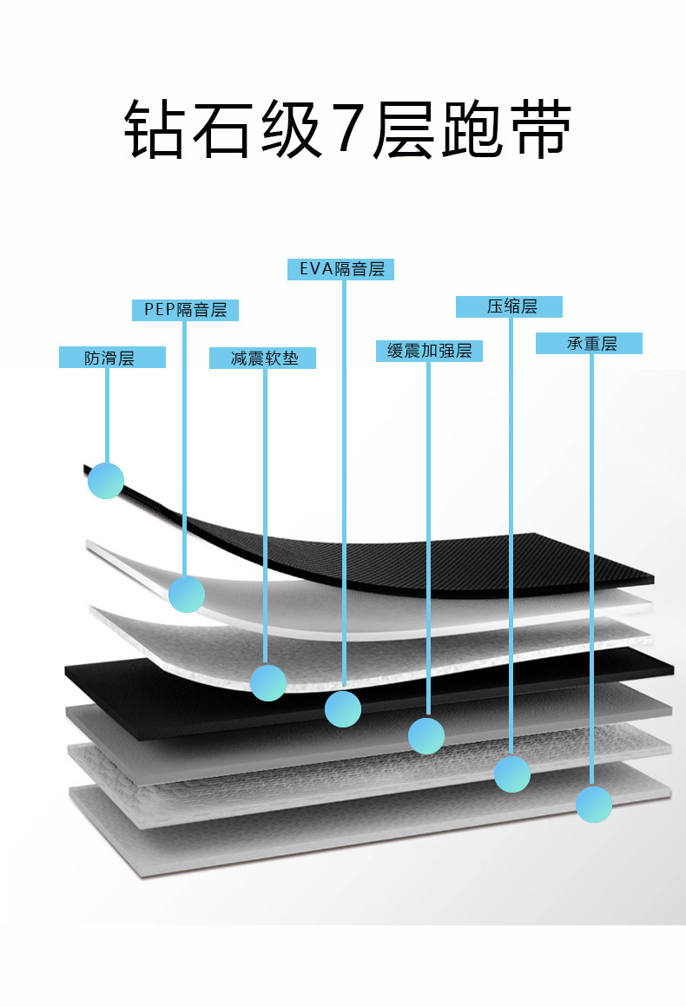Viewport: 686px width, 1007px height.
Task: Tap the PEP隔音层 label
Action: point(185,310)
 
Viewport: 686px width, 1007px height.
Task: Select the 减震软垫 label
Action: point(263,358)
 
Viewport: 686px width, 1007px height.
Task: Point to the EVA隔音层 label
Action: point(340,269)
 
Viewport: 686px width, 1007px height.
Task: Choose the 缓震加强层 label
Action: point(429,351)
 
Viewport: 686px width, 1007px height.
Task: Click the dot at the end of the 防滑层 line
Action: point(106,480)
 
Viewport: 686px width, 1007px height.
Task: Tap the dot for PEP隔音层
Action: point(187,594)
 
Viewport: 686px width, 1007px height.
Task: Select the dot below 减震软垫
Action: point(268,682)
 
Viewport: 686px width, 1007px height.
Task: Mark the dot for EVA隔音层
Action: point(343,709)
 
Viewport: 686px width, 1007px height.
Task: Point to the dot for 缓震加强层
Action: point(426,736)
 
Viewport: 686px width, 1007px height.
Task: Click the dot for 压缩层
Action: point(512,773)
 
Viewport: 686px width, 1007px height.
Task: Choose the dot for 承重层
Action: point(594,804)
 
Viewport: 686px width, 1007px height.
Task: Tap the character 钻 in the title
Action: point(155,128)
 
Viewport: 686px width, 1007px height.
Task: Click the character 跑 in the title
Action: point(472,128)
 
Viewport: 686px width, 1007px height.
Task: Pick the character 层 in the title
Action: point(404,128)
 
